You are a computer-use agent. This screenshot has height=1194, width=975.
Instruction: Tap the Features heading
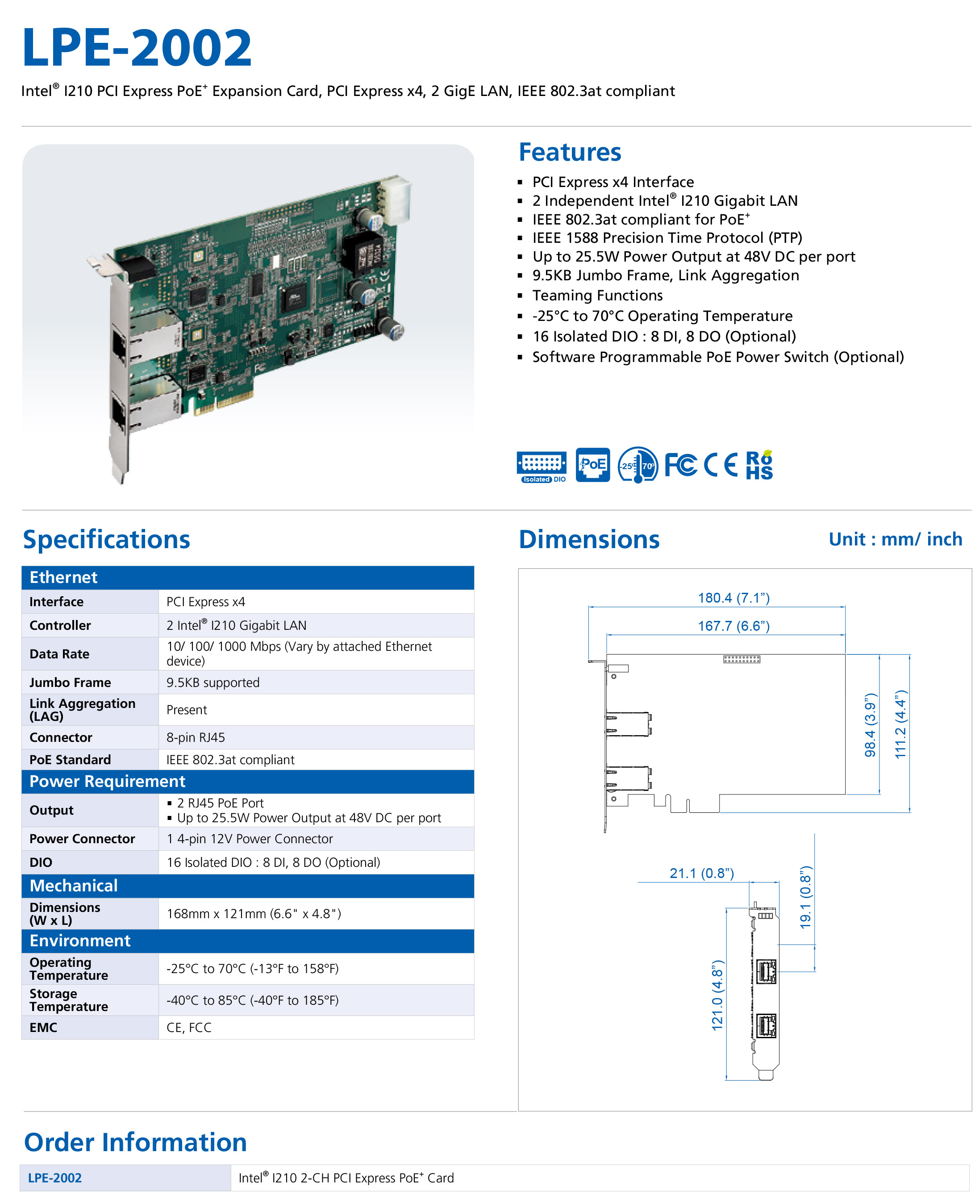[570, 152]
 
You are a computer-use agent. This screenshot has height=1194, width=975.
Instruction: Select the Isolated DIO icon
[542, 466]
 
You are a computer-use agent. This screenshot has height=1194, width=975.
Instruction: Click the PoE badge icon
[592, 465]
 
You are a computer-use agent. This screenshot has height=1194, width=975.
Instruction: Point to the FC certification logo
[680, 465]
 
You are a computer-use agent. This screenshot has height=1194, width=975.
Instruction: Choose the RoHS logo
[759, 466]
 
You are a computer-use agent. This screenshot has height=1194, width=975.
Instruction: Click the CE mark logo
[721, 465]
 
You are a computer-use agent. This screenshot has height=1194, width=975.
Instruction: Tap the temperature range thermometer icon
[637, 465]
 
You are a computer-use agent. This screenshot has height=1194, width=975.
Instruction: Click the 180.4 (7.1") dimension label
[733, 598]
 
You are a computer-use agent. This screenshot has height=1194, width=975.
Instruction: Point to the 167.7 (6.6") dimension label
[733, 626]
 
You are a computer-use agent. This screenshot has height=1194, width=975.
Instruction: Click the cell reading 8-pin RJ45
[196, 737]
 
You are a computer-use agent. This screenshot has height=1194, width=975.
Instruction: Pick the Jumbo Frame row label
[70, 682]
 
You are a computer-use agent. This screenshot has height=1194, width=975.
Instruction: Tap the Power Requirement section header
[107, 781]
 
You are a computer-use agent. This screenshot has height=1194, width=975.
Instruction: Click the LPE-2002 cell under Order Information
[55, 1178]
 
